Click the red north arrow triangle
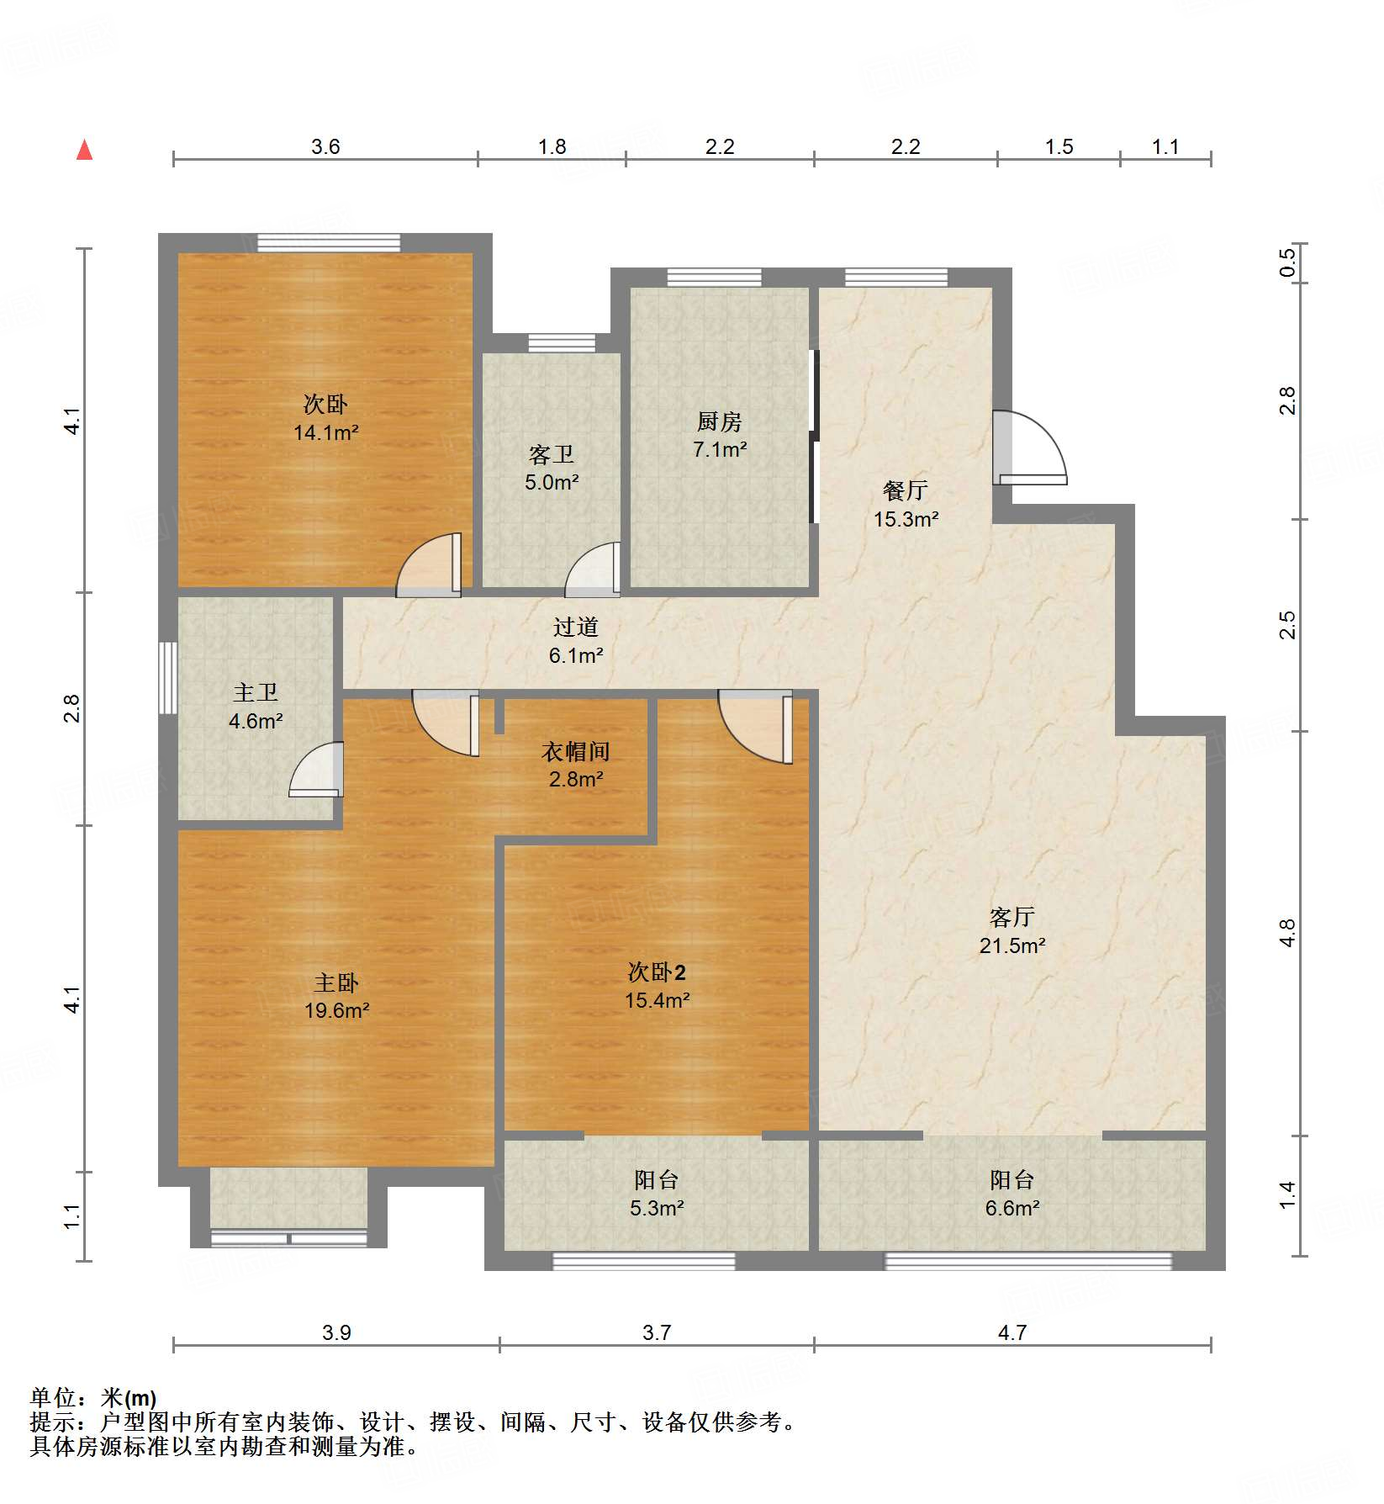click(84, 151)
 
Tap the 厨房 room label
click(719, 421)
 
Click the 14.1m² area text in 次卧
click(325, 433)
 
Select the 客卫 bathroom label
click(551, 454)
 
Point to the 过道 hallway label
click(575, 627)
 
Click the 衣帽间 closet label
click(575, 750)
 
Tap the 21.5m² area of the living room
click(1012, 945)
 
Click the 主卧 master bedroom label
click(336, 982)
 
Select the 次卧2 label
click(657, 972)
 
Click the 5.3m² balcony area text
click(656, 1209)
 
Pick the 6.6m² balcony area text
click(1012, 1209)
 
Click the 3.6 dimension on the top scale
click(325, 146)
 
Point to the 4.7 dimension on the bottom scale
click(1012, 1332)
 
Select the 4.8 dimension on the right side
click(1287, 933)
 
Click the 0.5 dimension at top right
click(1287, 263)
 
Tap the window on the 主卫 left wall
click(168, 678)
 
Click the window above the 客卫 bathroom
click(561, 342)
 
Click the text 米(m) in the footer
click(129, 1398)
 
